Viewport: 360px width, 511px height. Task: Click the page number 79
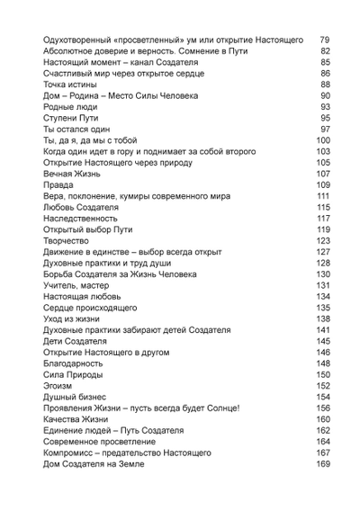325,40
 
